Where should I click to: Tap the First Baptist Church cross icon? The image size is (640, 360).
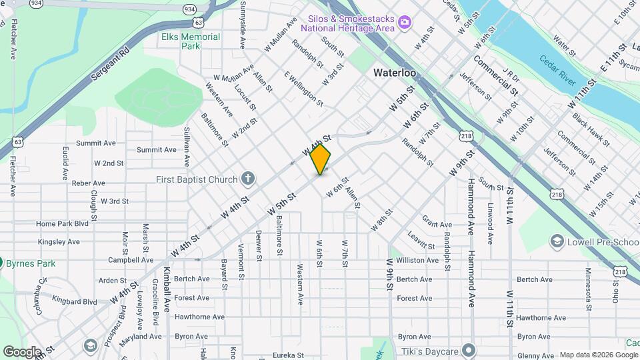point(248,179)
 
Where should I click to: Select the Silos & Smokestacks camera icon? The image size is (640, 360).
point(404,24)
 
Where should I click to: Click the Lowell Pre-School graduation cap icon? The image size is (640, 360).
point(557,241)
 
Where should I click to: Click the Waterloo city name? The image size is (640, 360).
point(395,72)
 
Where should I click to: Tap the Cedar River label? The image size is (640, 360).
point(558,69)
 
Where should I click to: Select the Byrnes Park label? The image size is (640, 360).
point(31,263)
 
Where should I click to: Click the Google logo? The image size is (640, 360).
point(22,351)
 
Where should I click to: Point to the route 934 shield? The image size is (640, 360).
point(190,10)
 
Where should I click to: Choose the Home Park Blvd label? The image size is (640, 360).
point(63,224)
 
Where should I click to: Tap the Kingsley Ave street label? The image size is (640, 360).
point(59,242)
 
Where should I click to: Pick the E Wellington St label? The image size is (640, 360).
point(303,89)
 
